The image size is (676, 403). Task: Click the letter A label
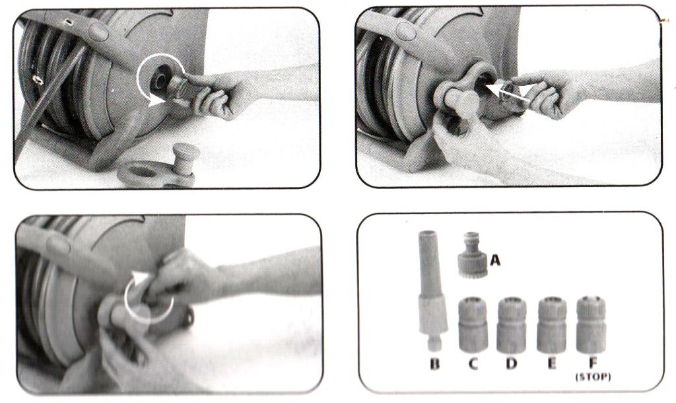(x=495, y=260)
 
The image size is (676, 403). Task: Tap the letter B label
(x=435, y=364)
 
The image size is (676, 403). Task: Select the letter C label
(x=473, y=364)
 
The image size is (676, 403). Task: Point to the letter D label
(x=512, y=364)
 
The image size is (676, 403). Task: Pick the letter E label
(x=551, y=364)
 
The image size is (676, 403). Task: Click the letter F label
(x=593, y=364)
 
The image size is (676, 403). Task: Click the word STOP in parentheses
(x=593, y=377)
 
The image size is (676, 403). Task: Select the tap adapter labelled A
(x=473, y=255)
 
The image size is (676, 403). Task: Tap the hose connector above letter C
(x=473, y=324)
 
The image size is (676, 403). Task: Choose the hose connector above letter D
(x=512, y=324)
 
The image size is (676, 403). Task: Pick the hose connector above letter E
(x=552, y=324)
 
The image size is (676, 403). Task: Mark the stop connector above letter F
(x=591, y=324)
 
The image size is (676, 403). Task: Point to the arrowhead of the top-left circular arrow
(x=156, y=101)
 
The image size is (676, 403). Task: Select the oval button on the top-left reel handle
(x=99, y=31)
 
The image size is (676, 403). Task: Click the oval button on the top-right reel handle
(x=406, y=31)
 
